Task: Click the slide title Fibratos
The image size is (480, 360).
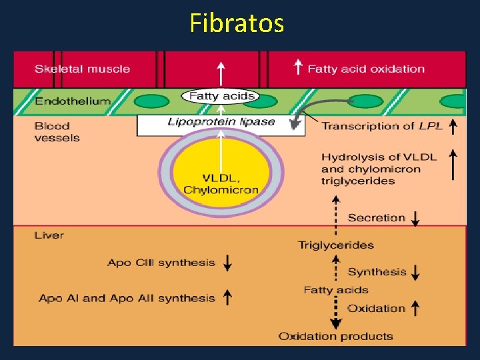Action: (237, 23)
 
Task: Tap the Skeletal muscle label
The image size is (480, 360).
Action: (82, 69)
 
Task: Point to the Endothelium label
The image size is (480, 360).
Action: (72, 101)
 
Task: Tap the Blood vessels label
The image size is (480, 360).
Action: (57, 132)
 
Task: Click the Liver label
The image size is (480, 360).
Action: (49, 235)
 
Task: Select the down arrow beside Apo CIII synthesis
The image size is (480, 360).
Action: (227, 263)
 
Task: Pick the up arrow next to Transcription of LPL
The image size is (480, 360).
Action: (453, 125)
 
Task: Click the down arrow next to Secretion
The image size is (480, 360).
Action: (416, 218)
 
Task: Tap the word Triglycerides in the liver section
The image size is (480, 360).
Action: (335, 245)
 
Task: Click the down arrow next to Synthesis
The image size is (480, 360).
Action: (416, 272)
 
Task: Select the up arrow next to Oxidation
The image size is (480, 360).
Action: (416, 308)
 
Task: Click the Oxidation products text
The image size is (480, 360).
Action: (335, 336)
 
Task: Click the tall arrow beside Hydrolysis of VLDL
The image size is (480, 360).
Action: (453, 164)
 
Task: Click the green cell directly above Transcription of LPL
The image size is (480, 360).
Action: (365, 101)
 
